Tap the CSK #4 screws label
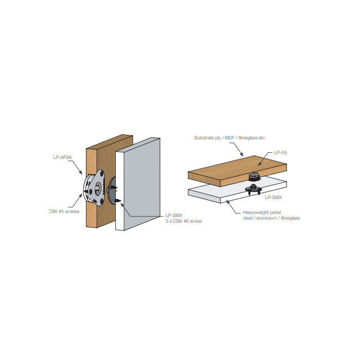point(63,211)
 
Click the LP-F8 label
point(280,153)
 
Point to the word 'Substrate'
point(204,138)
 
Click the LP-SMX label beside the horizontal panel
point(274,197)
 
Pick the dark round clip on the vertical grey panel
point(114,190)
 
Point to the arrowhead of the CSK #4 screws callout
point(81,194)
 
